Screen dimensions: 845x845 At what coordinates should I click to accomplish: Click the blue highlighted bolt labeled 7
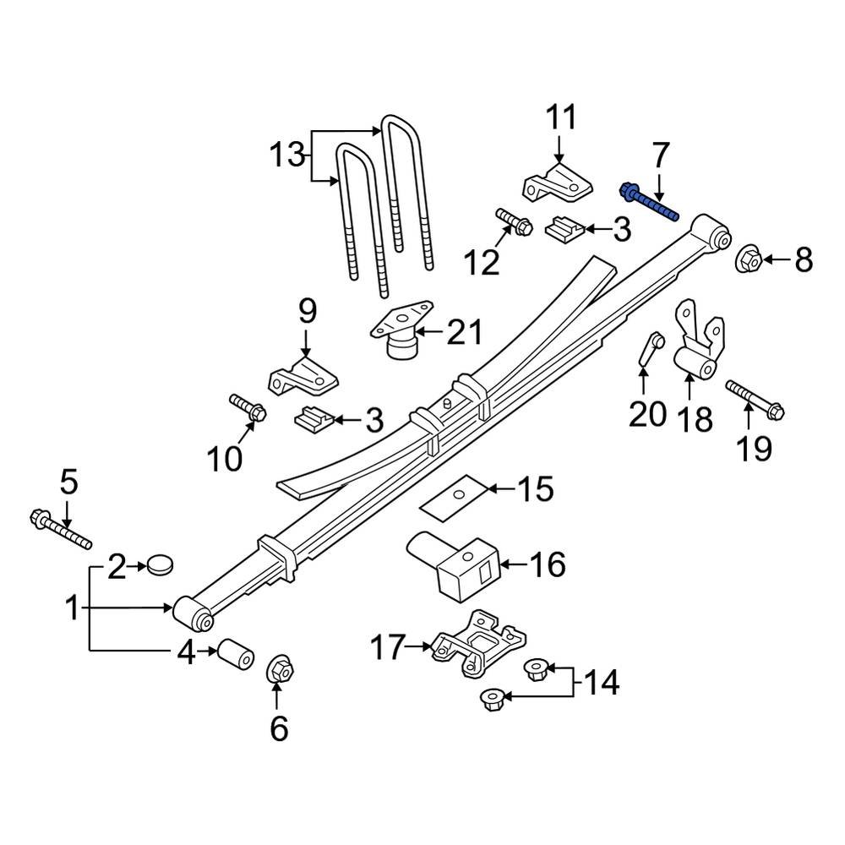point(649,202)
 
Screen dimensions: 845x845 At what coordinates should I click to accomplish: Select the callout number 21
point(464,333)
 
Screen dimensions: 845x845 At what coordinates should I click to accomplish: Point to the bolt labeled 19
point(754,401)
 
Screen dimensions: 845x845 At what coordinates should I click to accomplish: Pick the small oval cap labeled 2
point(159,564)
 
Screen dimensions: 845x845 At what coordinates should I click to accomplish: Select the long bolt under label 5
point(61,528)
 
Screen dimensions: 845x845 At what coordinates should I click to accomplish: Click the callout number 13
point(286,155)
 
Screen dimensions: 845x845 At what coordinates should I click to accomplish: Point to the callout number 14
point(603,682)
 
